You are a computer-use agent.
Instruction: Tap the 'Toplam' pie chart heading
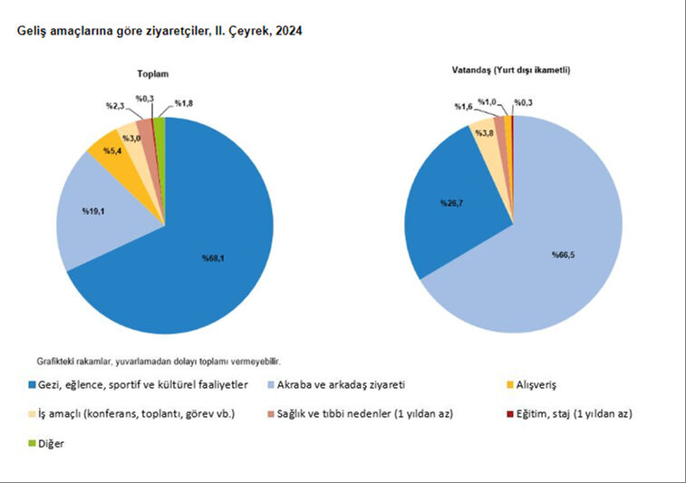pos(153,73)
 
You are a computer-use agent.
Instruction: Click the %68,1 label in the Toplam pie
pos(213,258)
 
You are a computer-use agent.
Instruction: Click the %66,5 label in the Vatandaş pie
pos(562,254)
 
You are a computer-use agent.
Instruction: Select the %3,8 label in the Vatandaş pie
pos(483,133)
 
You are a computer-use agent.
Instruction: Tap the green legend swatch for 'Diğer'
pos(32,444)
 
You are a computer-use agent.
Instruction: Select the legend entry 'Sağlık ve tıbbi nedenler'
pos(378,413)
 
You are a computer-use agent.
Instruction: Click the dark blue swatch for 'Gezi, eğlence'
pos(32,384)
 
